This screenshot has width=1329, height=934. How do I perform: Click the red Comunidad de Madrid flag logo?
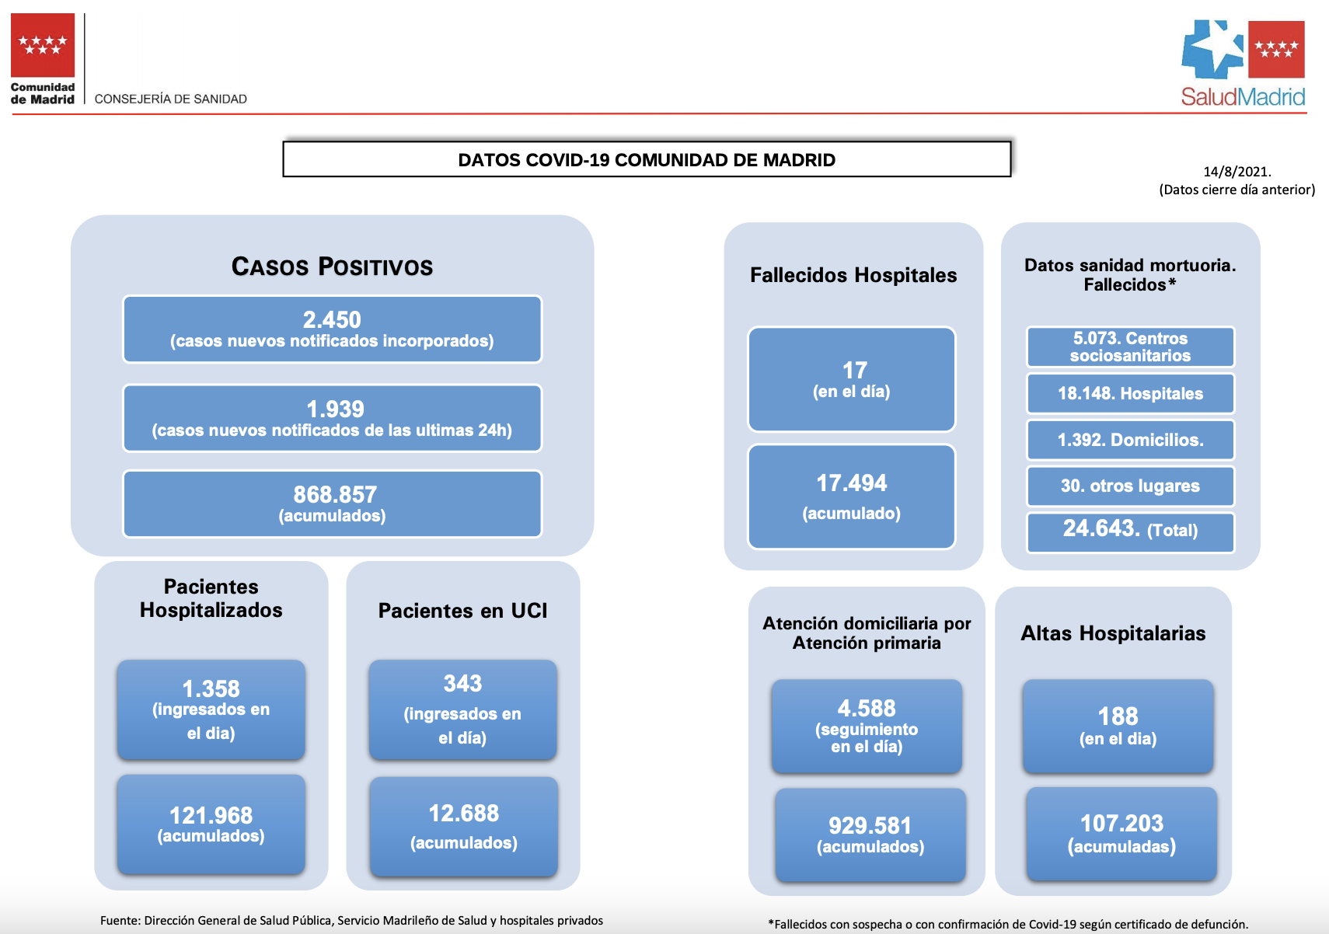(x=43, y=45)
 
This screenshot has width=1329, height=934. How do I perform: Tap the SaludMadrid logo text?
(x=1243, y=96)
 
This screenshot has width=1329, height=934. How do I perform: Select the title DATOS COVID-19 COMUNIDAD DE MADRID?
(x=647, y=159)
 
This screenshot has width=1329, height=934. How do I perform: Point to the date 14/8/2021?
(x=1237, y=172)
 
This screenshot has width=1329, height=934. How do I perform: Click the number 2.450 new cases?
(x=332, y=319)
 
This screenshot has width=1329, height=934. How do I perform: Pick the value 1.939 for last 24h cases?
(x=335, y=409)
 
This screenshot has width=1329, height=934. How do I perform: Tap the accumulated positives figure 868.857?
(x=335, y=494)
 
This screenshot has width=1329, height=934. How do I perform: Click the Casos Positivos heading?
(x=333, y=267)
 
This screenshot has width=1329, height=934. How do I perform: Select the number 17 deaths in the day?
(x=855, y=370)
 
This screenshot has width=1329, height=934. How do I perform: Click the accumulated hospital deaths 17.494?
(x=851, y=483)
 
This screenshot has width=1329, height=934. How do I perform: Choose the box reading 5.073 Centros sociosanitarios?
(x=1130, y=347)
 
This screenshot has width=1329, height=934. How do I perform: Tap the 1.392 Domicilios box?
(x=1130, y=440)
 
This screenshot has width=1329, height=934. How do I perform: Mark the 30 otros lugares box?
(x=1130, y=486)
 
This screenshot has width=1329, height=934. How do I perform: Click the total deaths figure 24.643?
(x=1101, y=528)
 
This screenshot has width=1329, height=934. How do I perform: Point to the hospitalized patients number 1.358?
(x=211, y=688)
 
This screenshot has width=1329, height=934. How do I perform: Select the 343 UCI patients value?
(x=462, y=683)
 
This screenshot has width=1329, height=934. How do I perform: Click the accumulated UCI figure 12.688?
(x=463, y=813)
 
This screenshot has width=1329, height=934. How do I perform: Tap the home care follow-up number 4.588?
(x=867, y=708)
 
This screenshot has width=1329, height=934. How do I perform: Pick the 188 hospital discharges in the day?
(x=1118, y=716)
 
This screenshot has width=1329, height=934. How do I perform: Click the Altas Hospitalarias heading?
(x=1113, y=633)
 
